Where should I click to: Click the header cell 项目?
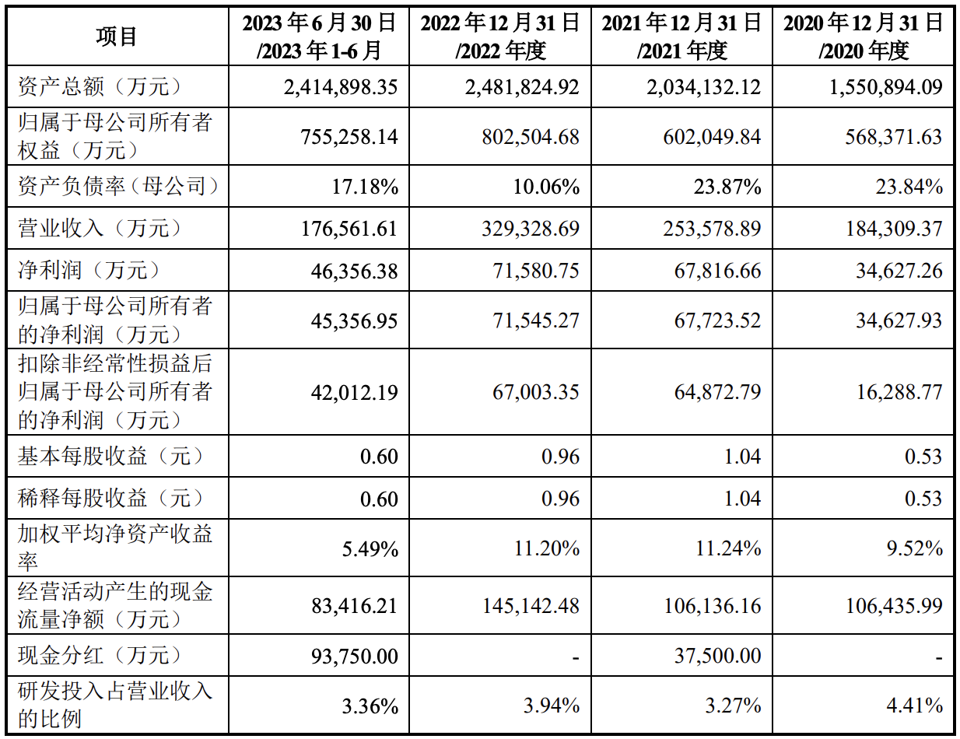tap(117, 37)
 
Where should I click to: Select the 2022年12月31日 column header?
tap(501, 37)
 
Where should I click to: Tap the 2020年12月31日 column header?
tap(864, 37)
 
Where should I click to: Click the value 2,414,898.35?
tap(341, 86)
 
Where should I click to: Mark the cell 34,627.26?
tap(899, 271)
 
